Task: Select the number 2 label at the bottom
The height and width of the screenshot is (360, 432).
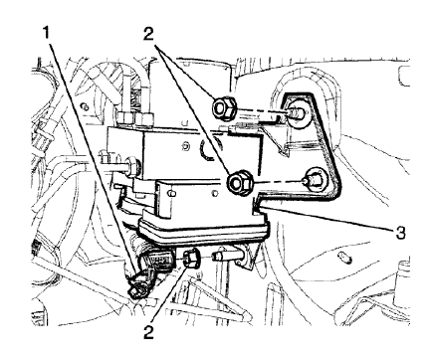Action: [149, 332]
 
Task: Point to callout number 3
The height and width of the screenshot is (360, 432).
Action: [400, 234]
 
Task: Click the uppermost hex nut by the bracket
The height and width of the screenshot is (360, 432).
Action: [223, 107]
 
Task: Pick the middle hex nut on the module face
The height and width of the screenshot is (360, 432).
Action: [240, 182]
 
